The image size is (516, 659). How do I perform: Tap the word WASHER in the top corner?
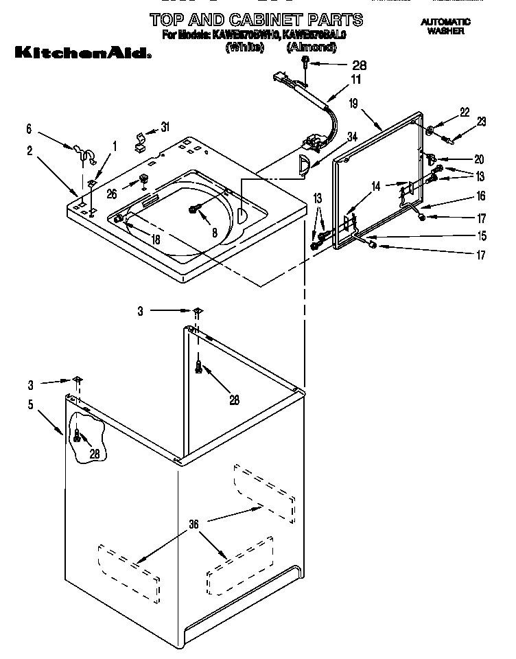(446, 31)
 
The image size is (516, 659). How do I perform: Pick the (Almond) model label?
(312, 47)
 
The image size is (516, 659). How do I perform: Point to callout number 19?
(353, 104)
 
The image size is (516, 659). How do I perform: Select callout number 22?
(465, 112)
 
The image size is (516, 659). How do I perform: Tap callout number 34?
(353, 137)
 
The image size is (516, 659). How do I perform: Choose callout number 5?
(30, 405)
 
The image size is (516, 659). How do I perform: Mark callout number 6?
(29, 128)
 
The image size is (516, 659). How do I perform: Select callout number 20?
(479, 159)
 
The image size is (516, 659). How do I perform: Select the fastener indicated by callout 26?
(144, 181)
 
